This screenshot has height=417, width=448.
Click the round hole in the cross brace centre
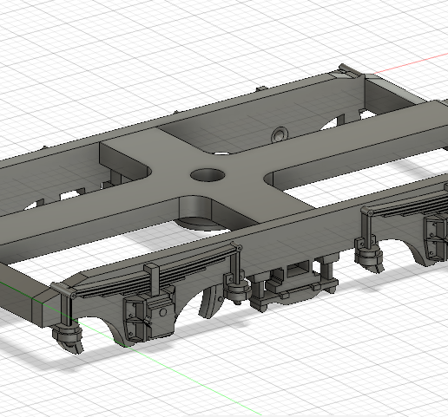(x=207, y=174)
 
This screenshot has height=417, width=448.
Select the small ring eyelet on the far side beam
(x=280, y=135)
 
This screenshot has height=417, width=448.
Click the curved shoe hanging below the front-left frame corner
(x=67, y=336)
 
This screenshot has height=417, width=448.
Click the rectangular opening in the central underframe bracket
(x=298, y=271)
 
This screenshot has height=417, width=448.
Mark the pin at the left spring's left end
(x=72, y=295)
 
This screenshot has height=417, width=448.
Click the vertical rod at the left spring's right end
(x=235, y=264)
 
